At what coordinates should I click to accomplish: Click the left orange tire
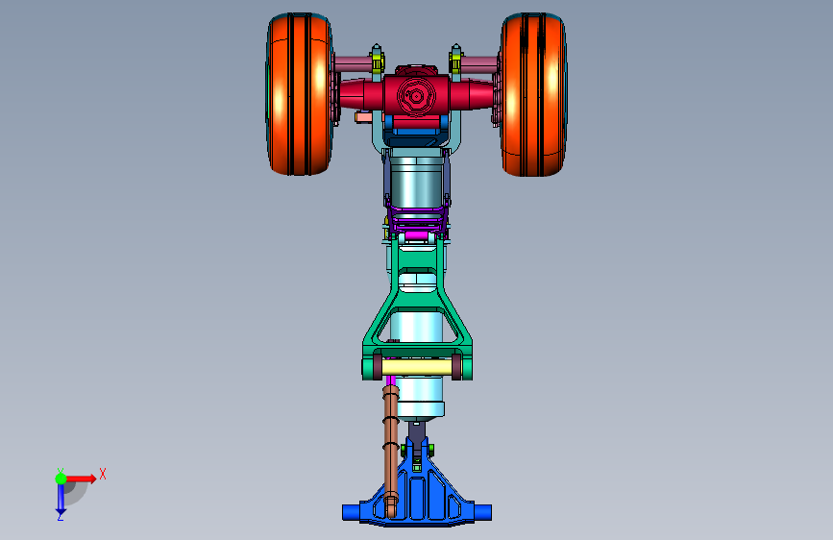pyautogui.click(x=300, y=94)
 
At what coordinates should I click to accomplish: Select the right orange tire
pyautogui.click(x=533, y=94)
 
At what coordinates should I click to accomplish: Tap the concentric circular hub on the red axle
pyautogui.click(x=416, y=96)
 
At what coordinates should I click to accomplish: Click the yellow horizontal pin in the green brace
pyautogui.click(x=417, y=367)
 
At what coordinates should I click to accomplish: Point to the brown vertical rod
pyautogui.click(x=390, y=450)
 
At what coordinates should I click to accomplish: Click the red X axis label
pyautogui.click(x=103, y=474)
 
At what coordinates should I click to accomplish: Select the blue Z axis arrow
pyautogui.click(x=61, y=498)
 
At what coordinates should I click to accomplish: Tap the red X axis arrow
pyautogui.click(x=81, y=479)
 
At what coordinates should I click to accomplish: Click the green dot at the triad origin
pyautogui.click(x=61, y=479)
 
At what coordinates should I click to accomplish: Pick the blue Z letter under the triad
pyautogui.click(x=61, y=516)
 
